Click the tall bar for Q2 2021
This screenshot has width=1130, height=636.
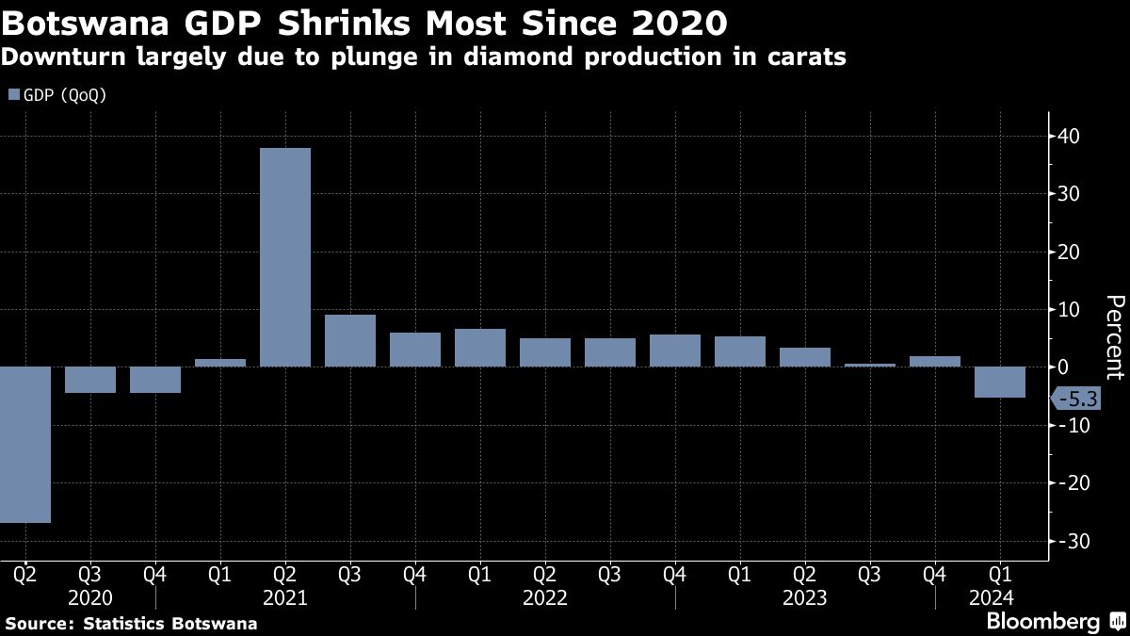click(x=284, y=257)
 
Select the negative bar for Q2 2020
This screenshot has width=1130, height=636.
click(x=25, y=444)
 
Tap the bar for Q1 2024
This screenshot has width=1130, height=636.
click(x=999, y=383)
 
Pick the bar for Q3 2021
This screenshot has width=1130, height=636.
click(x=349, y=340)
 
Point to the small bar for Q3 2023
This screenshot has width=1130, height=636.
click(x=869, y=365)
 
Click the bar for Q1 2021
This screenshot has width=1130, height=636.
click(x=220, y=363)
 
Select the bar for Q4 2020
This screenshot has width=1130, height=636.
click(x=155, y=380)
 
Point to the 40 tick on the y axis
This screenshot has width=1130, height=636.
click(x=1068, y=137)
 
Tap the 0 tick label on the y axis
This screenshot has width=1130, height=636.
click(x=1062, y=367)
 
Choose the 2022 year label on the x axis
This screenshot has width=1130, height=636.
click(x=544, y=598)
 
